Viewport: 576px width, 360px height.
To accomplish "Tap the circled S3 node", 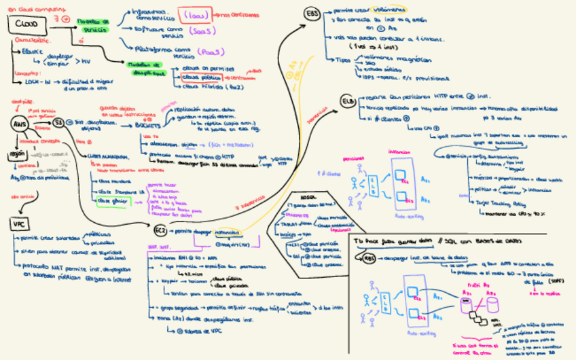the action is pos(59,122).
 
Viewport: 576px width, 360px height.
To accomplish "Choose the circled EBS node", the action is pos(313,14).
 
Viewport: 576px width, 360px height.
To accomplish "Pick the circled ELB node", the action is pos(348,102).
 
